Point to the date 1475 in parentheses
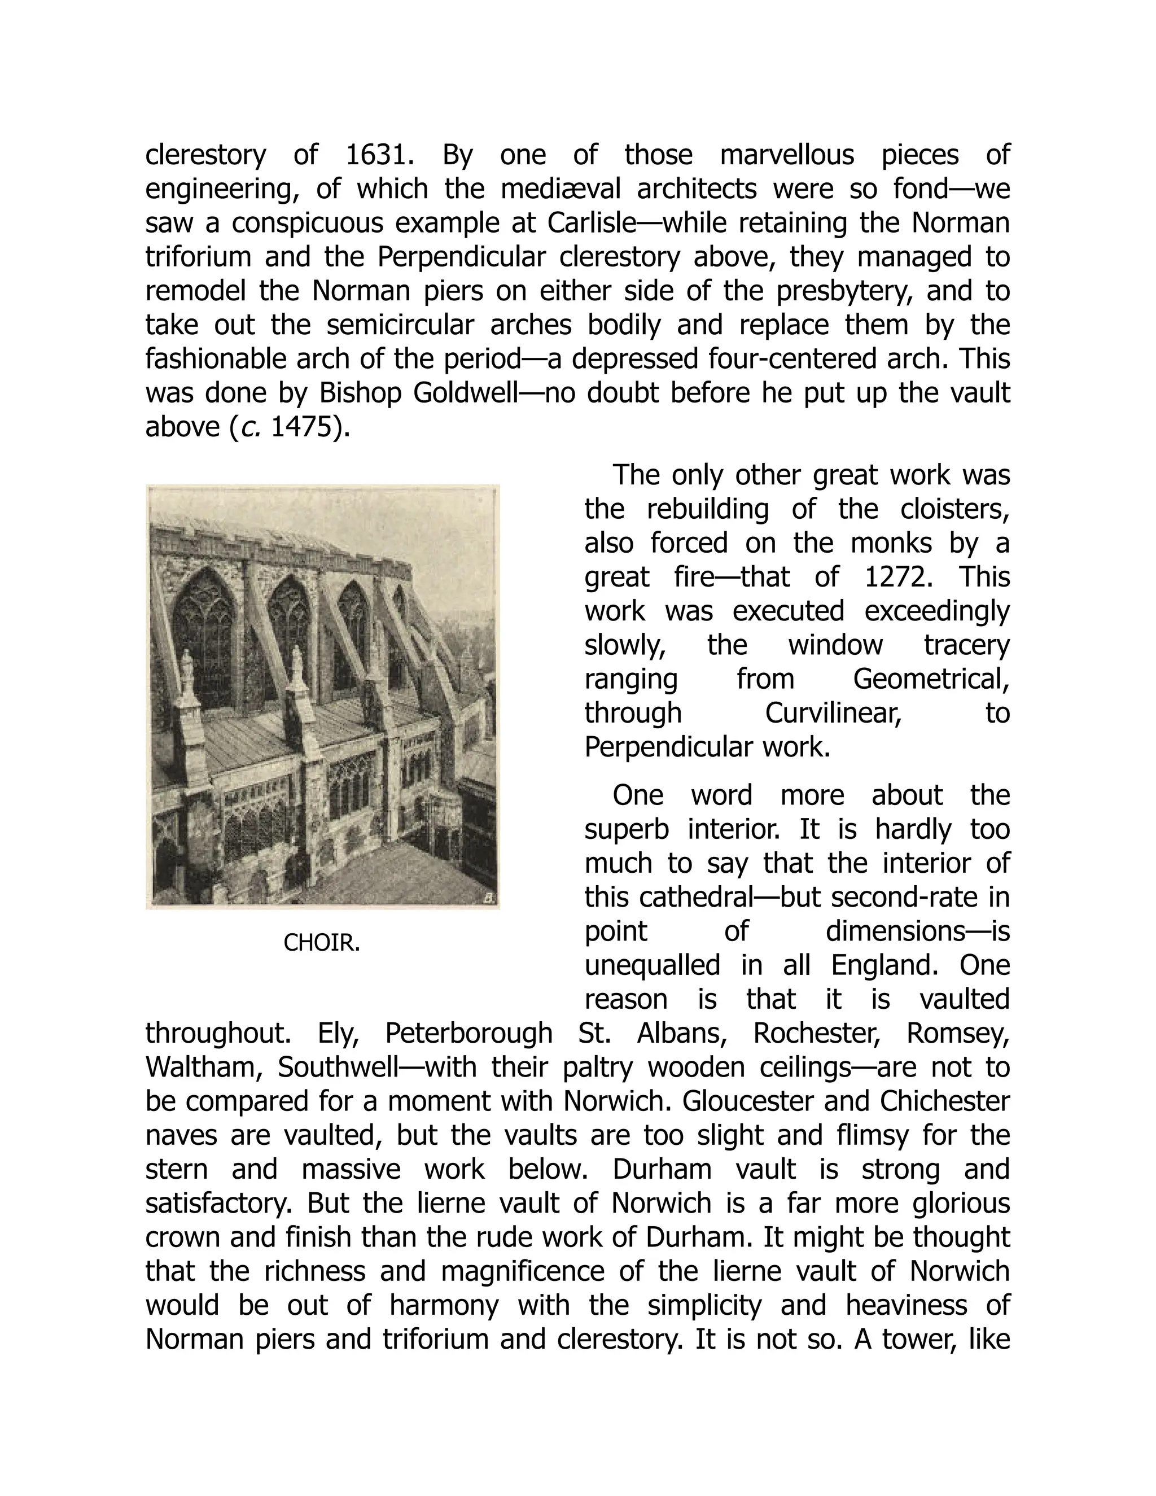click(x=300, y=427)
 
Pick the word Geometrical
click(x=931, y=679)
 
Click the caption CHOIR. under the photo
click(x=321, y=943)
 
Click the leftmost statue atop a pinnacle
click(x=186, y=668)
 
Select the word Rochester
click(x=816, y=1034)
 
